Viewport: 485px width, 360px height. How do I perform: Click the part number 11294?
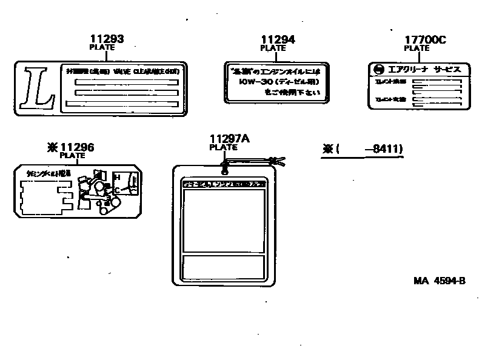[278, 40]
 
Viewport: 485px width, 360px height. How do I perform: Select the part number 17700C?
[425, 40]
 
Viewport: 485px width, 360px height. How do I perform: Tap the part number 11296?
[77, 147]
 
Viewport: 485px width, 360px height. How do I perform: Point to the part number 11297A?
[229, 139]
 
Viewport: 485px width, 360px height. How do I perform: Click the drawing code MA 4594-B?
[440, 281]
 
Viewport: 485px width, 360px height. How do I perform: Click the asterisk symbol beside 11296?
[51, 147]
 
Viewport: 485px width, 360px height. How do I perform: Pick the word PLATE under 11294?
[273, 48]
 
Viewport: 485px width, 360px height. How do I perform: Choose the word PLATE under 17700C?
[416, 48]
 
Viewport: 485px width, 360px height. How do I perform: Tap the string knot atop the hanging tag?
[226, 162]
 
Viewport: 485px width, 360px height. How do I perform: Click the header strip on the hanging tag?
[224, 182]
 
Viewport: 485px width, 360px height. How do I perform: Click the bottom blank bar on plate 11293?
[125, 104]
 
